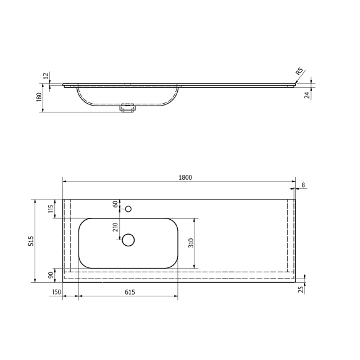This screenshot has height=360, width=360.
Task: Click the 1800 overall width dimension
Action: [185, 177]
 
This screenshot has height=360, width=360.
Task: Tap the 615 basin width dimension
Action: [128, 292]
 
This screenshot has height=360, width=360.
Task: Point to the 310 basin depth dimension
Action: [190, 243]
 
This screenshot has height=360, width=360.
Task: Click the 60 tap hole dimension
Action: [115, 204]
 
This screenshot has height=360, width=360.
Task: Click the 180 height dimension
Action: [39, 98]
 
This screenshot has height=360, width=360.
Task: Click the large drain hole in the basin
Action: [128, 240]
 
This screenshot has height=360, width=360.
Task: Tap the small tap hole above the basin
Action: [128, 209]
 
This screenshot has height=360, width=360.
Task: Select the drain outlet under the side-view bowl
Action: [128, 109]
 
